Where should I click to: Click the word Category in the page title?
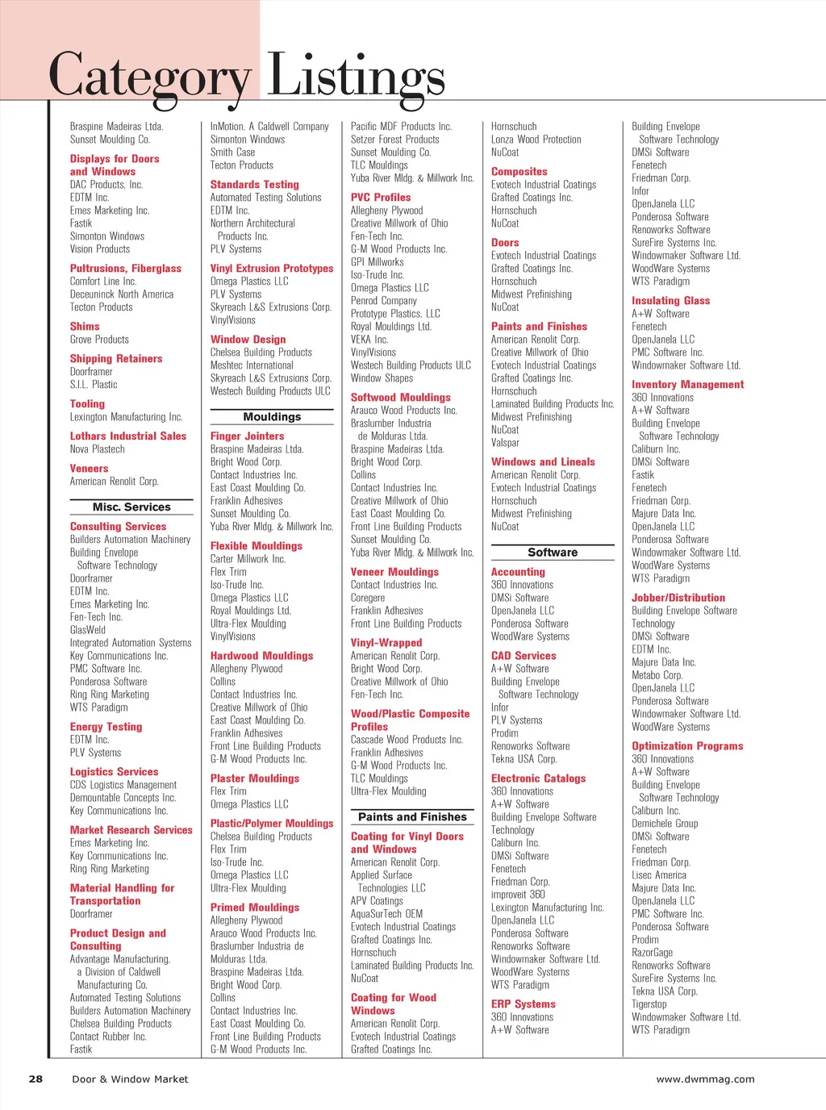pyautogui.click(x=150, y=77)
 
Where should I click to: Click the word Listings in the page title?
pyautogui.click(x=356, y=77)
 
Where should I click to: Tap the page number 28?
pyautogui.click(x=35, y=1079)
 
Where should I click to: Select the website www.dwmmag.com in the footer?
pyautogui.click(x=705, y=1079)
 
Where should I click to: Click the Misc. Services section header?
pyautogui.click(x=131, y=507)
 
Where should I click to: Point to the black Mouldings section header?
pyautogui.click(x=272, y=417)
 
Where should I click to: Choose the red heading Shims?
pyautogui.click(x=85, y=327)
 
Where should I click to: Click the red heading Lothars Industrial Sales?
pyautogui.click(x=127, y=436)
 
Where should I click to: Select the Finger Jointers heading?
pyautogui.click(x=247, y=436)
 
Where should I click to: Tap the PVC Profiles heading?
pyautogui.click(x=381, y=198)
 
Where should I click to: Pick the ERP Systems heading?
pyautogui.click(x=523, y=1004)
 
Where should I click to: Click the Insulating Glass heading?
pyautogui.click(x=670, y=301)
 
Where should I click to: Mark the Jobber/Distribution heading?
pyautogui.click(x=678, y=598)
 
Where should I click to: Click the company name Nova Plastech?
pyautogui.click(x=97, y=449)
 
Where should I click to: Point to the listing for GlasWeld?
pyautogui.click(x=87, y=630)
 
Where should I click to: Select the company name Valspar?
pyautogui.click(x=505, y=443)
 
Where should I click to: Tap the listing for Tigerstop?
pyautogui.click(x=649, y=1004)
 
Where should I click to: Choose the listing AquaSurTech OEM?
pyautogui.click(x=386, y=914)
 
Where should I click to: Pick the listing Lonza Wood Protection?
pyautogui.click(x=536, y=140)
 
